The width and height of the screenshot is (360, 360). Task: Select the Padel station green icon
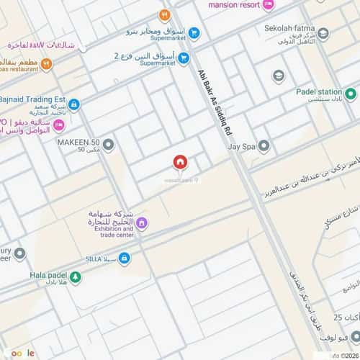pyautogui.click(x=351, y=94)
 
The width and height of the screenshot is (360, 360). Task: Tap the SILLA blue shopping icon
pyautogui.click(x=125, y=258)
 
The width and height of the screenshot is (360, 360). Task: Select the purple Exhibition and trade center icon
pyautogui.click(x=142, y=223)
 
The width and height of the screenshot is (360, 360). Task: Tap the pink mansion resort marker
pyautogui.click(x=269, y=5)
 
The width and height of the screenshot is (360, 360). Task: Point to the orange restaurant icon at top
pyautogui.click(x=165, y=14)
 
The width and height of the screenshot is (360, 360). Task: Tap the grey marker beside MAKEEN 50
pyautogui.click(x=109, y=146)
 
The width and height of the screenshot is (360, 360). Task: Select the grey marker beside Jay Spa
pyautogui.click(x=264, y=146)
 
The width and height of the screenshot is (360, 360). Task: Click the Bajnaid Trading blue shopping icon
pyautogui.click(x=73, y=105)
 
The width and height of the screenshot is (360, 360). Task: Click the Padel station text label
pyautogui.click(x=319, y=93)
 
